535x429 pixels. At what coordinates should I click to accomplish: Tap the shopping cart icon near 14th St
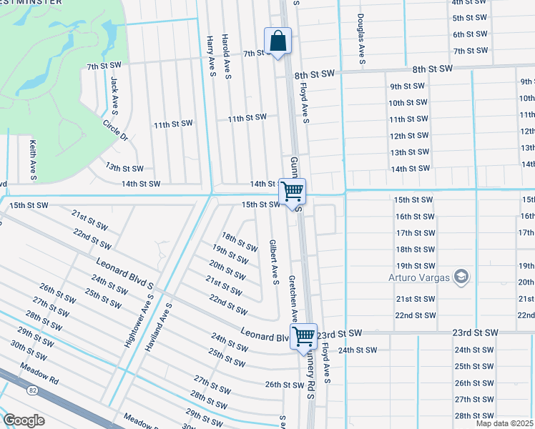[292, 191]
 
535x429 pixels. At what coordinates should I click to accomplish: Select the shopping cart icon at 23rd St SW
[304, 335]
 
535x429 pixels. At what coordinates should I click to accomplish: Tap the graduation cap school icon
[462, 276]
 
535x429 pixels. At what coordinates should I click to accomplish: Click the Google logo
[24, 420]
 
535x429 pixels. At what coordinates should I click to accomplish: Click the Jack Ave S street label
[113, 95]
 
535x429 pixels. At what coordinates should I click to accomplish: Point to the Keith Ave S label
[33, 159]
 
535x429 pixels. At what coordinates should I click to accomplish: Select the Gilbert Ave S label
[273, 261]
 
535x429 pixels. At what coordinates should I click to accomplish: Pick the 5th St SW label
[470, 18]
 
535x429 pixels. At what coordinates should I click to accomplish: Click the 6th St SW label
[470, 34]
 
